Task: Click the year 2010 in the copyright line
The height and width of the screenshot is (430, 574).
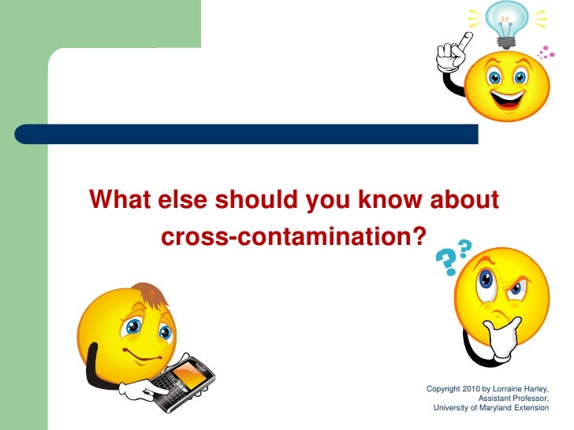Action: click(470, 389)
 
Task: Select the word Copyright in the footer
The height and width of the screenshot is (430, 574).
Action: click(442, 389)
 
